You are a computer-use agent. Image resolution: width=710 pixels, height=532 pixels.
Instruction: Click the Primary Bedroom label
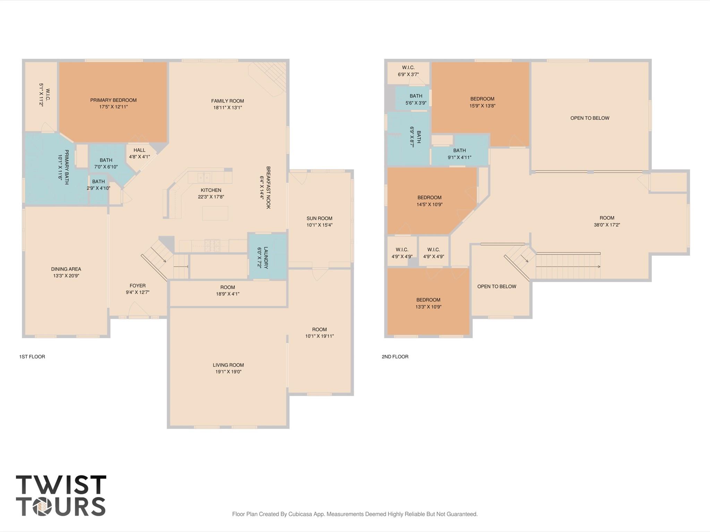point(113,100)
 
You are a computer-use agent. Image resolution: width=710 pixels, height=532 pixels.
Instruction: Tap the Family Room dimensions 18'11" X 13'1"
point(228,108)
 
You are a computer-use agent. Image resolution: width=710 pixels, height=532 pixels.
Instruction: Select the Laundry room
point(267,257)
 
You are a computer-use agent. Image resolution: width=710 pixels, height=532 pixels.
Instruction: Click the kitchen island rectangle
point(215,213)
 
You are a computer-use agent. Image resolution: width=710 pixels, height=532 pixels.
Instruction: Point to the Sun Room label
point(319,218)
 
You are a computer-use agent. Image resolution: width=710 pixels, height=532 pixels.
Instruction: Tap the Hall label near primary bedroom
point(139,150)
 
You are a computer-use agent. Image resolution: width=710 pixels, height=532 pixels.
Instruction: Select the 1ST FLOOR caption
point(32,357)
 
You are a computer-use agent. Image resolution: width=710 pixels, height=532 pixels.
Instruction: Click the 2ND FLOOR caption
point(395,357)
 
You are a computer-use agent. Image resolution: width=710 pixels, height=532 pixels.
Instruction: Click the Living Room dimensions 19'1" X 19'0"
point(228,372)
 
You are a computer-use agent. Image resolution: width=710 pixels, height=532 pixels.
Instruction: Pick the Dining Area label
point(66,269)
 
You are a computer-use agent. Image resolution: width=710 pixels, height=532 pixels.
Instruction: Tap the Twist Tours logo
point(61,496)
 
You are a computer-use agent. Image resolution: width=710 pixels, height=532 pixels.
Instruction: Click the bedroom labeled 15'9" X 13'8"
point(482,102)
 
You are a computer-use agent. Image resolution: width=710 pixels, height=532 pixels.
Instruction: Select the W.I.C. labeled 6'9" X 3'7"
point(408,71)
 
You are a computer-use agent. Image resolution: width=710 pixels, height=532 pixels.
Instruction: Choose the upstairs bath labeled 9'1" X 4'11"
point(459,154)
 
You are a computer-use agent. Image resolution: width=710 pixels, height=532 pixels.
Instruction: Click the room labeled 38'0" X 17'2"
point(607,221)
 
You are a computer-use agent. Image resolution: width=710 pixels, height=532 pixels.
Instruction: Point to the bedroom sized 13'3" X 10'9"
point(428,303)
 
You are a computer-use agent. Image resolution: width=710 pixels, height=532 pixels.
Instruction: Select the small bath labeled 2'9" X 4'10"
point(99,185)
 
